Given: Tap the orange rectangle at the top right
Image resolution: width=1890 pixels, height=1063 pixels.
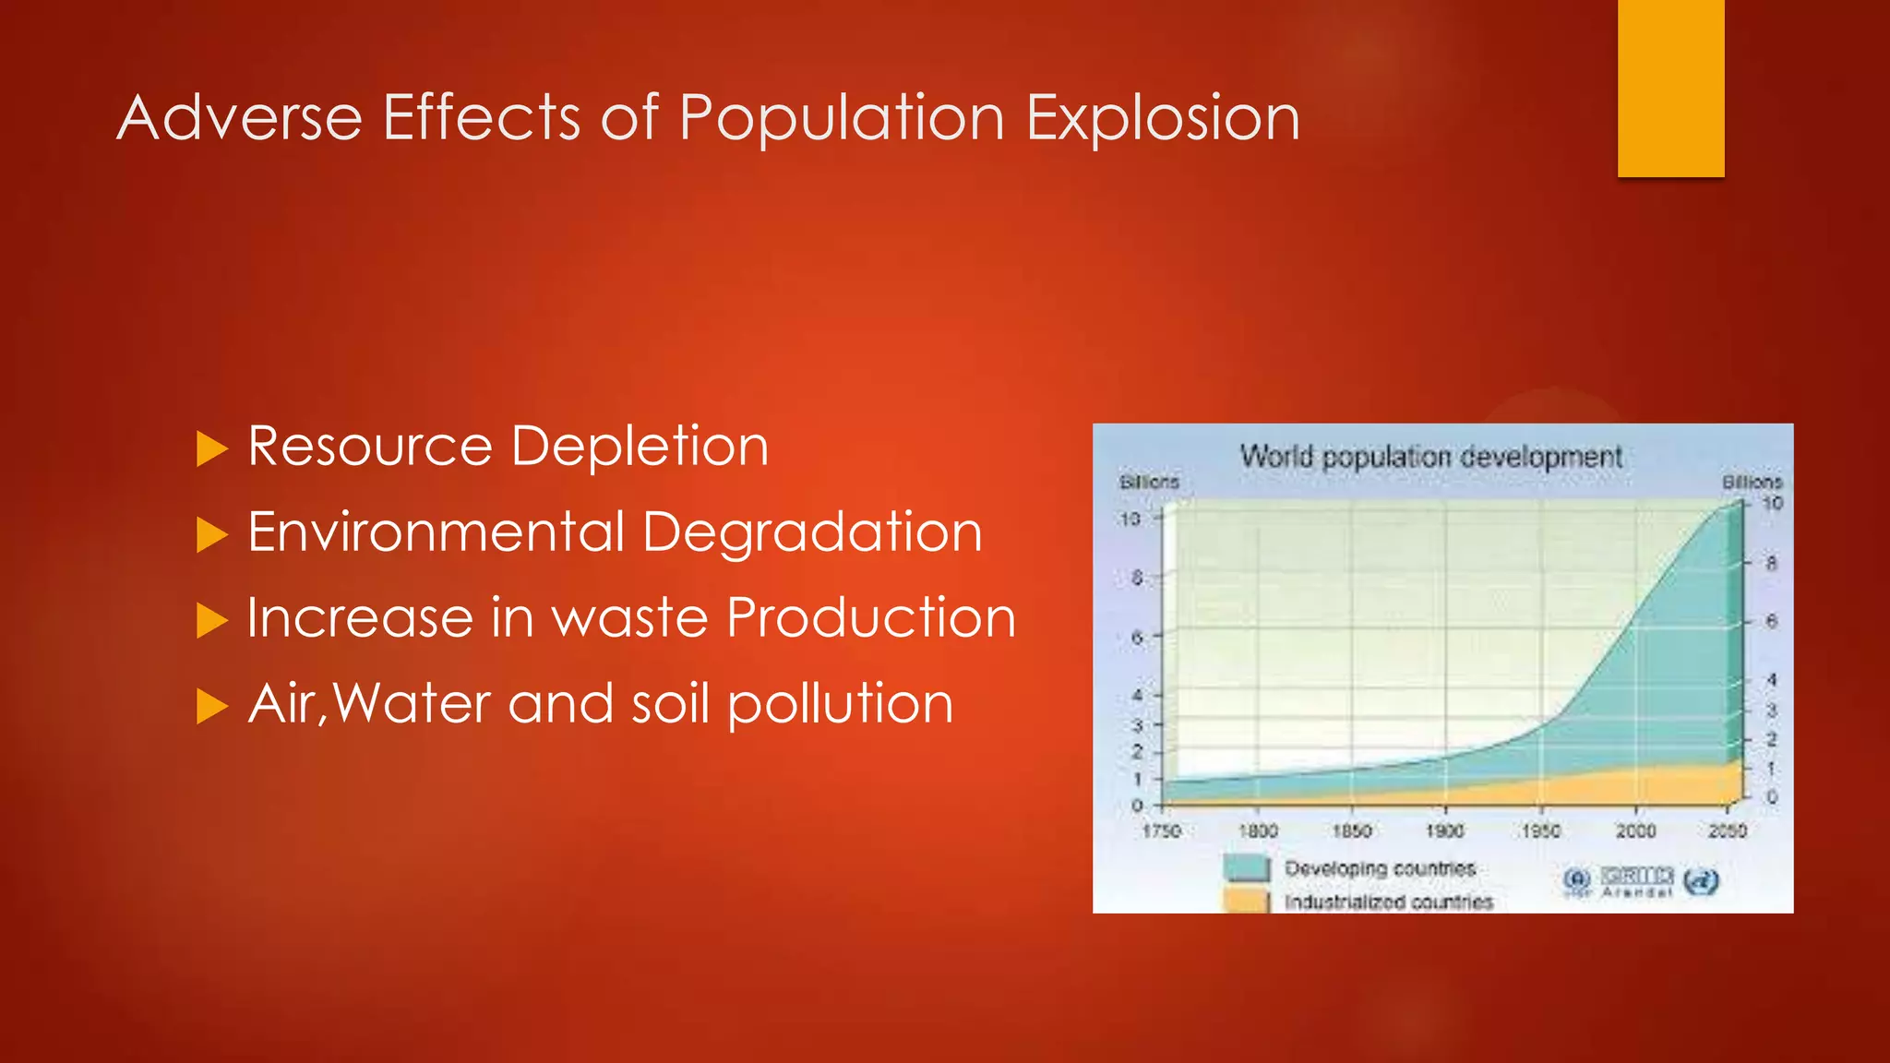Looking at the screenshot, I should coord(1670,88).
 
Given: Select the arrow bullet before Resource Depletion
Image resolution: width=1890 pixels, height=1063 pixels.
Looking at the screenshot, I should coord(211,449).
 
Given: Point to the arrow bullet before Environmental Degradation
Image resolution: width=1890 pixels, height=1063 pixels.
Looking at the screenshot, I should coord(211,535).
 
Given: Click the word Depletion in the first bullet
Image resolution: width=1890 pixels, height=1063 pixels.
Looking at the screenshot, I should coord(640,448).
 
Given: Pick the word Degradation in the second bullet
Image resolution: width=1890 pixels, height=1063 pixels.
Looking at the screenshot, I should coord(812,533).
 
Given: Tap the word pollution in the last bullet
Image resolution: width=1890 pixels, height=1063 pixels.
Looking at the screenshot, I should coord(840,705).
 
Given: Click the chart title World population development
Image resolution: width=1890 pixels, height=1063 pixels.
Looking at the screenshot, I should coord(1430,457).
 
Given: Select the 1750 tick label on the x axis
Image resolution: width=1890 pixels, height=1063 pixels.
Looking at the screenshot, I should coord(1162,831).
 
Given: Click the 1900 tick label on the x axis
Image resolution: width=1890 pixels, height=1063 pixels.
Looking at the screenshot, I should coord(1444,831).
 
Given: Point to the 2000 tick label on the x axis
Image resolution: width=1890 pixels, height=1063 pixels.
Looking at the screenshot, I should coord(1635,831).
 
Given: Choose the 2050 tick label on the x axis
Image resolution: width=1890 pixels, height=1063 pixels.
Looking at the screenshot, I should coord(1727,831).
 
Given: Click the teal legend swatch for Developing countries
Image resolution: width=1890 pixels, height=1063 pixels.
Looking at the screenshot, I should coord(1247,868).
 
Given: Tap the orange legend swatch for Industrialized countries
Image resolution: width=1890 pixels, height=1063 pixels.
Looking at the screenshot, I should coord(1247,901).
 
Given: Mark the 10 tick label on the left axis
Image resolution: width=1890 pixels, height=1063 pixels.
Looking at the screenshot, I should coord(1130,520).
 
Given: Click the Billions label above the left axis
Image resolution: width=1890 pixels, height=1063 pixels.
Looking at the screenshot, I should coord(1149,483).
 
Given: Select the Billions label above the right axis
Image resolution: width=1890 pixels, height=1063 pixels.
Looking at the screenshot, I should coord(1752,483).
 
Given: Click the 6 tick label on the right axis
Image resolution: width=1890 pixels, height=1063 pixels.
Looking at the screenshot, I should coord(1771,622).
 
